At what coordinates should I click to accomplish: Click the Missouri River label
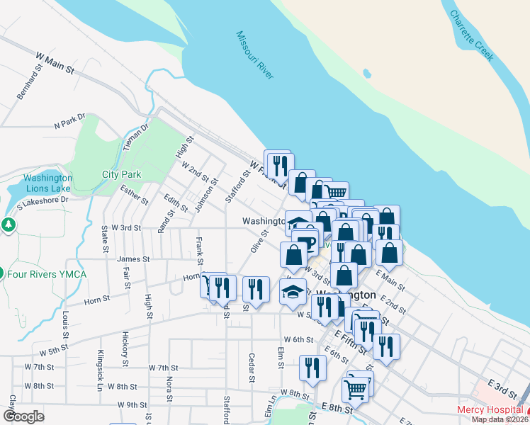[255, 55]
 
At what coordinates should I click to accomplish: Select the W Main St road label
[55, 62]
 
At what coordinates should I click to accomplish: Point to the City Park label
[121, 174]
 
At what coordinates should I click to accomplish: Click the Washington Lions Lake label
[47, 183]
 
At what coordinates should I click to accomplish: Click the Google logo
[23, 416]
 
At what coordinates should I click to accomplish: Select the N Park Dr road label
[69, 121]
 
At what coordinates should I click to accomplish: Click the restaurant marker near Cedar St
[256, 289]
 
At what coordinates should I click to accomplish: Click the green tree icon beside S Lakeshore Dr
[8, 225]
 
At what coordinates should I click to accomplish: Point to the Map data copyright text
[500, 419]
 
